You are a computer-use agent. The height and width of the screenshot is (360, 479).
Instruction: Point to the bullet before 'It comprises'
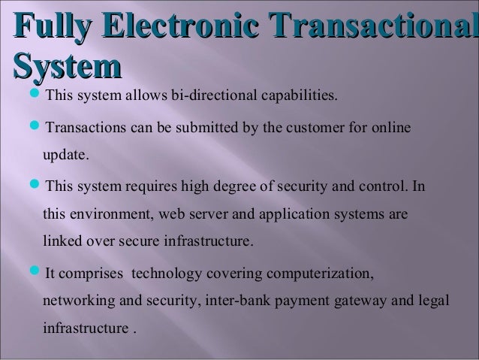[x=38, y=273]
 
